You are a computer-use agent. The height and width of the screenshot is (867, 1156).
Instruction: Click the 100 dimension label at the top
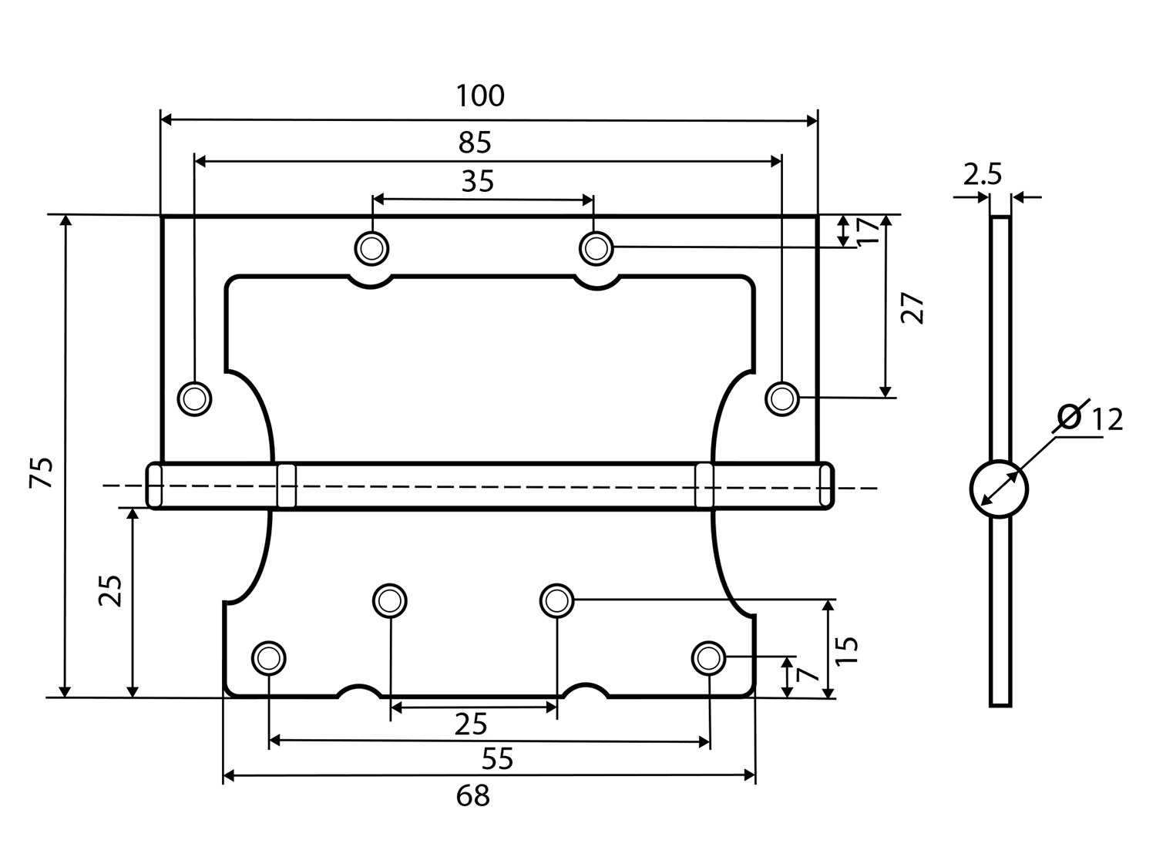(480, 96)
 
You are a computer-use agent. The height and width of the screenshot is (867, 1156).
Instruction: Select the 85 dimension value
(475, 142)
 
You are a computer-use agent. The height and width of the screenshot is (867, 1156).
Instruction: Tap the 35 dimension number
(478, 182)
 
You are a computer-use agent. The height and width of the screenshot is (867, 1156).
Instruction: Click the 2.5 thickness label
(982, 174)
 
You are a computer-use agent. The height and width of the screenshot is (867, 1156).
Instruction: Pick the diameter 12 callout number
(1107, 419)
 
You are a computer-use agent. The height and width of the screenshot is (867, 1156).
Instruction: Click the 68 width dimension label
(473, 795)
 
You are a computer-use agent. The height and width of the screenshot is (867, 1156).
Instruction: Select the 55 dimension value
(497, 758)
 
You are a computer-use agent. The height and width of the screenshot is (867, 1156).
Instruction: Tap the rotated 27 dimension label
(912, 308)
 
